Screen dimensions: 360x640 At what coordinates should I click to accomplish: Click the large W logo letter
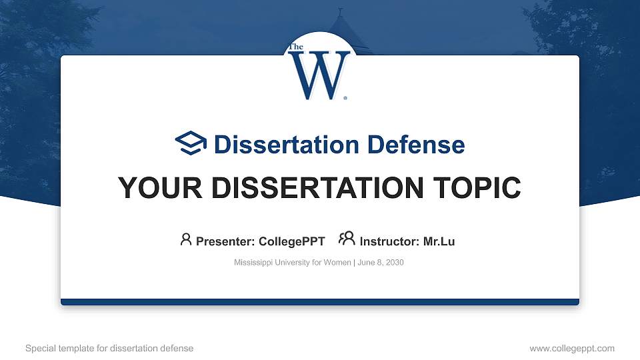318,74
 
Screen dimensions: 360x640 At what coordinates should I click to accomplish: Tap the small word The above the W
295,47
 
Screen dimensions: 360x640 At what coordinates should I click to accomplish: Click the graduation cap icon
191,143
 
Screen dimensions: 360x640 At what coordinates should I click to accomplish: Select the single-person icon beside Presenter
186,239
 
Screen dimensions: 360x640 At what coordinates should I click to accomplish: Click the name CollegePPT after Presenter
292,241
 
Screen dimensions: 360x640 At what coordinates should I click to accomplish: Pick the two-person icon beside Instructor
347,239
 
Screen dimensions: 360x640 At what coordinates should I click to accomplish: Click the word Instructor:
389,241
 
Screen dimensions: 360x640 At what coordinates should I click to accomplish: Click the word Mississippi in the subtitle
251,263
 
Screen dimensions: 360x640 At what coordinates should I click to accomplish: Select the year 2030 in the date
393,263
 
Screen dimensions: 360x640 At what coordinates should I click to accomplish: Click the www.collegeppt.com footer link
571,349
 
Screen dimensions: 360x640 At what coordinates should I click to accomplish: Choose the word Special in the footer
39,349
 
